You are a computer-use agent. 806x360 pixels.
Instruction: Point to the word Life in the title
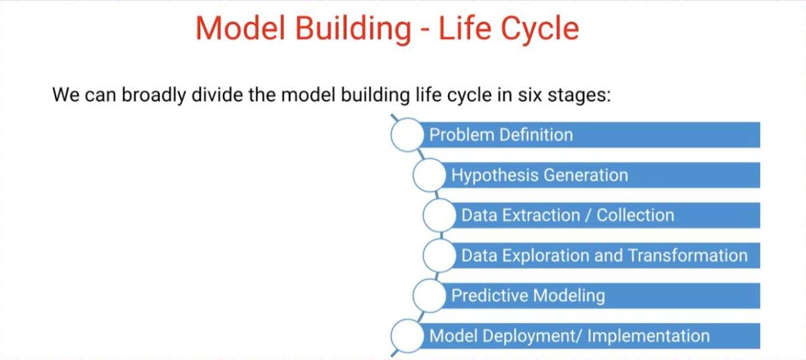[465, 28]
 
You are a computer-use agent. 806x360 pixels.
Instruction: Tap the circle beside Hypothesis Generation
[429, 175]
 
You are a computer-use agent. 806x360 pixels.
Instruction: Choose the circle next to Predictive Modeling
[429, 296]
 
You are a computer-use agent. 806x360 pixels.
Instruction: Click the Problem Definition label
[501, 134]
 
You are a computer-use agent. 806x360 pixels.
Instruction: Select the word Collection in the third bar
[635, 216]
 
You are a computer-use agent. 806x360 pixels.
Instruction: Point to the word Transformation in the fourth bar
[687, 256]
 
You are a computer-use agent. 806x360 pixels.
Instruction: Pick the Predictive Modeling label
[528, 296]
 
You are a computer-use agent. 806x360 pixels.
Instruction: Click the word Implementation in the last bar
[648, 336]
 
